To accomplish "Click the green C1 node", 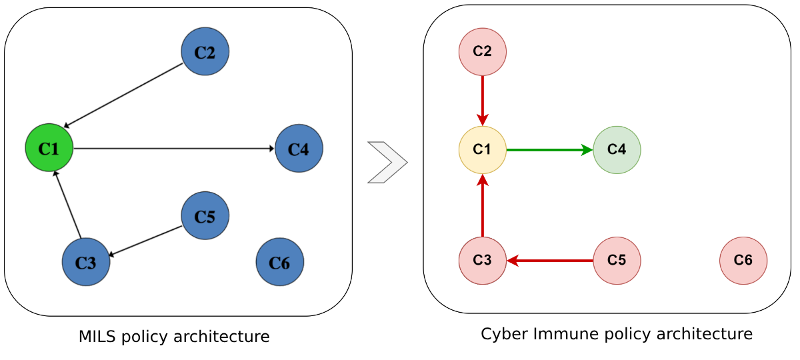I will coord(49,148).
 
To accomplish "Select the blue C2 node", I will coord(205,51).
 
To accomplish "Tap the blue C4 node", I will coord(299,148).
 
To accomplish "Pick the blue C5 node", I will coord(205,216).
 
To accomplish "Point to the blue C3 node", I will coord(86,262).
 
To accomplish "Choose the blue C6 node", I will coord(280,262).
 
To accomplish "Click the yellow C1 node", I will coord(483,150).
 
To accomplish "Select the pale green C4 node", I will coord(617,150).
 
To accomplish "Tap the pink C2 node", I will coord(483,51).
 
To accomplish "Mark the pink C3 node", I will coord(483,261).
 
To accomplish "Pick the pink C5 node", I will coord(617,261).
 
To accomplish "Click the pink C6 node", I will coord(743,261).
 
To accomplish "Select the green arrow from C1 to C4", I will coord(549,150).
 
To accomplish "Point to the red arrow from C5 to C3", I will coord(550,261).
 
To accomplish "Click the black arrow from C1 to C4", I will coord(173,148).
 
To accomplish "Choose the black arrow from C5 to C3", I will coord(145,241).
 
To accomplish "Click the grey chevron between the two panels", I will coord(387,162).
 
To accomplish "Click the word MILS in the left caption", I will coord(96,337).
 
